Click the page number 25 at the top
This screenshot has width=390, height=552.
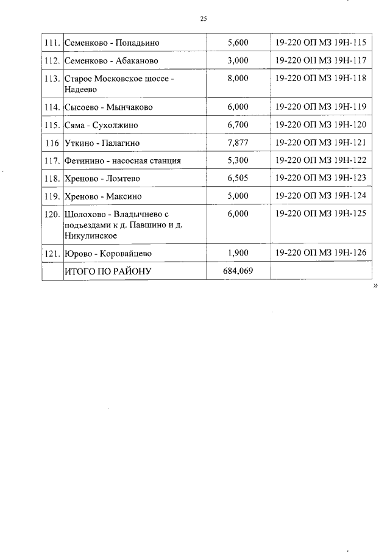(204, 20)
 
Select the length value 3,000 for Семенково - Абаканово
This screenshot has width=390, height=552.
(238, 61)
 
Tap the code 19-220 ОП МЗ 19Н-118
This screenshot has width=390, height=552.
(321, 79)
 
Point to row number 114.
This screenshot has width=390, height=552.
(52, 107)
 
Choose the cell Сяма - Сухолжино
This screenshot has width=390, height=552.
(101, 125)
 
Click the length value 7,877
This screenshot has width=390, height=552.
(238, 143)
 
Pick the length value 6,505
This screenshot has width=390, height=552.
(238, 178)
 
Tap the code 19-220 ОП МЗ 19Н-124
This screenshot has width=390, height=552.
(321, 196)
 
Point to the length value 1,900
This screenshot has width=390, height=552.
(238, 253)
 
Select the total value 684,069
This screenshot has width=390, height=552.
(238, 271)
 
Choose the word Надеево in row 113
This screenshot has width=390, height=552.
(80, 89)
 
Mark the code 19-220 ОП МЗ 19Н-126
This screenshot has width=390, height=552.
(321, 253)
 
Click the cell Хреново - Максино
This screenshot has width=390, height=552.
(102, 196)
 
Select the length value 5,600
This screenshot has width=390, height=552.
(238, 43)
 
